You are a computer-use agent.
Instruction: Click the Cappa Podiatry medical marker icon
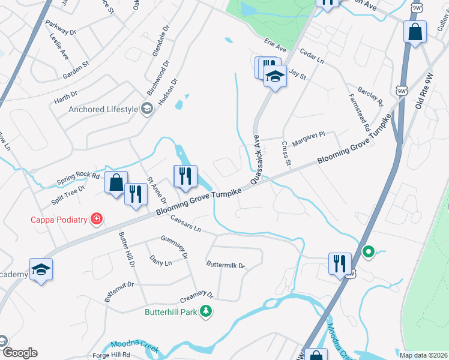pyautogui.click(x=97, y=219)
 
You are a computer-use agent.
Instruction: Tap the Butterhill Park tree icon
pyautogui.click(x=206, y=311)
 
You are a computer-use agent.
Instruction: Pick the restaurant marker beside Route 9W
pyautogui.click(x=339, y=263)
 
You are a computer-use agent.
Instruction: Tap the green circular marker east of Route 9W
pyautogui.click(x=369, y=253)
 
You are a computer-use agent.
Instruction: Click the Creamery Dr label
pyautogui.click(x=197, y=298)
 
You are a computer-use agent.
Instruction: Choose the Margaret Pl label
pyautogui.click(x=309, y=136)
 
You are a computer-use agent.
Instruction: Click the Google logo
pyautogui.click(x=19, y=353)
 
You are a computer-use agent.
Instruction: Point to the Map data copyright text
pyautogui.click(x=424, y=355)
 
